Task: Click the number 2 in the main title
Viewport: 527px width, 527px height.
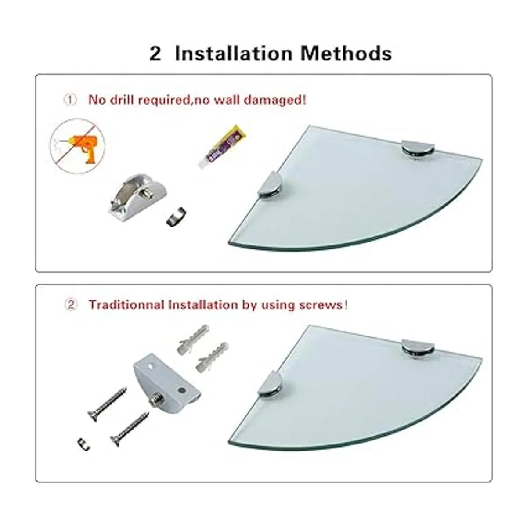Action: point(155,54)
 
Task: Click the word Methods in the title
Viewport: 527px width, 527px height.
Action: point(346,53)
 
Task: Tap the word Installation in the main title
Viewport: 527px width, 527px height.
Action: point(234,53)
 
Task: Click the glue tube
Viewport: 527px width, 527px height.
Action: point(222,146)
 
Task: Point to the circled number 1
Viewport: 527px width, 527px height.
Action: point(70,100)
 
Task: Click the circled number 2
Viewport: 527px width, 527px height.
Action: point(71,304)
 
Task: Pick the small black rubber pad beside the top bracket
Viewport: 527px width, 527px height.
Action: point(176,217)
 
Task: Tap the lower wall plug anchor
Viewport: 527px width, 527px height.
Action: point(213,358)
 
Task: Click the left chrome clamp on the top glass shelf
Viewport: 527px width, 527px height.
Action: point(270,184)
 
